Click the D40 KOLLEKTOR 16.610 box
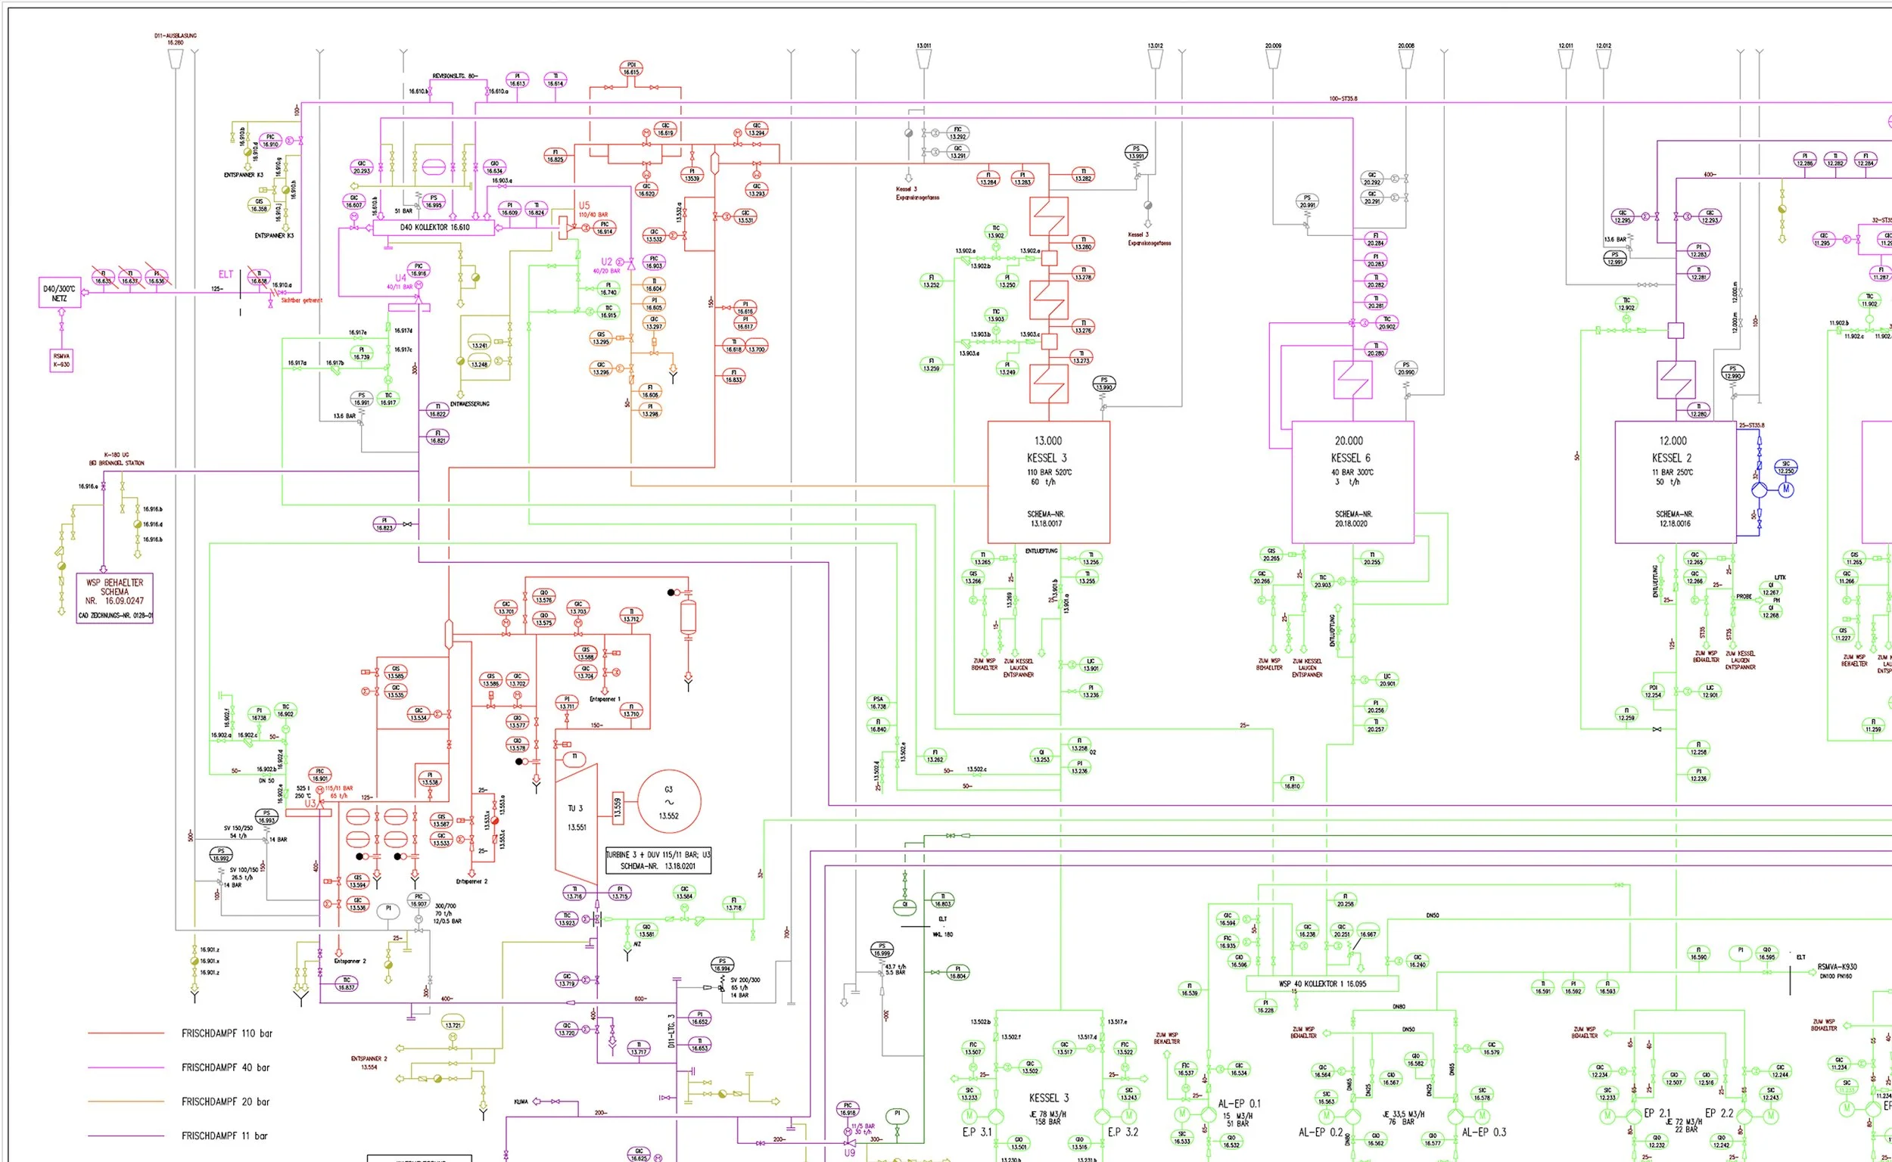(x=434, y=228)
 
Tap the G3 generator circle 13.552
(x=668, y=803)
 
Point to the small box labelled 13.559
(x=618, y=806)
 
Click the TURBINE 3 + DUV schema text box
(x=658, y=860)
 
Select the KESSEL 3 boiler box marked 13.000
(x=1048, y=482)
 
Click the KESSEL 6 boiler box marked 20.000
(x=1352, y=482)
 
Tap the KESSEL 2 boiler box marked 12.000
(x=1675, y=482)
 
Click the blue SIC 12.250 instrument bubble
(x=1785, y=468)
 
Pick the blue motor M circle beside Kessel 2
(x=1786, y=489)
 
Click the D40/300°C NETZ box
(x=60, y=293)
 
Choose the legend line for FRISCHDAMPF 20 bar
(x=126, y=1101)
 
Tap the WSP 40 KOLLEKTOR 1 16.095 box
(x=1321, y=983)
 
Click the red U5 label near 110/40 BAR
(x=584, y=206)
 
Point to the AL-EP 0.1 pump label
(x=1240, y=1104)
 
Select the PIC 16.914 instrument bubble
(x=604, y=228)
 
